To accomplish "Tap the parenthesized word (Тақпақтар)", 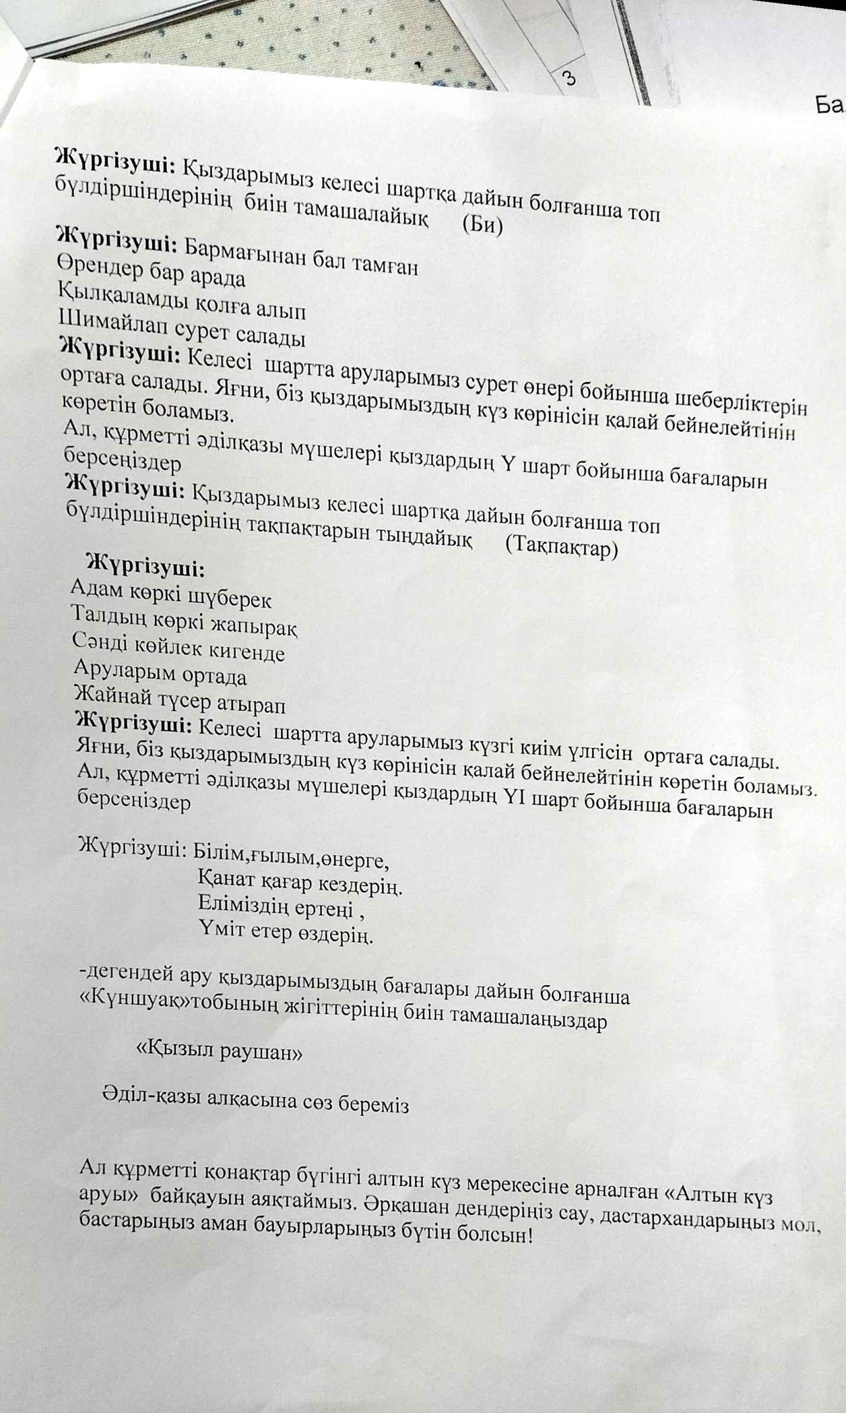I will point(561,547).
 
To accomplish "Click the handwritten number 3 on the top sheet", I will point(569,78).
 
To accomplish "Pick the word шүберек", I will point(230,600).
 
